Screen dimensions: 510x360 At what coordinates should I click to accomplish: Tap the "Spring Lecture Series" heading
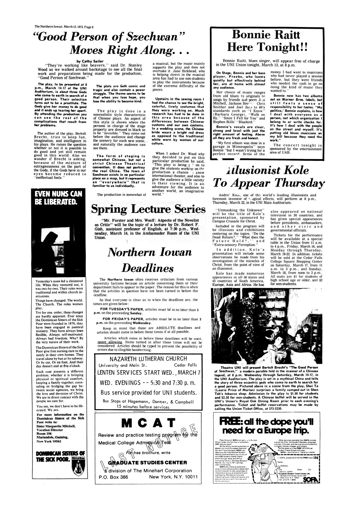(148, 208)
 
